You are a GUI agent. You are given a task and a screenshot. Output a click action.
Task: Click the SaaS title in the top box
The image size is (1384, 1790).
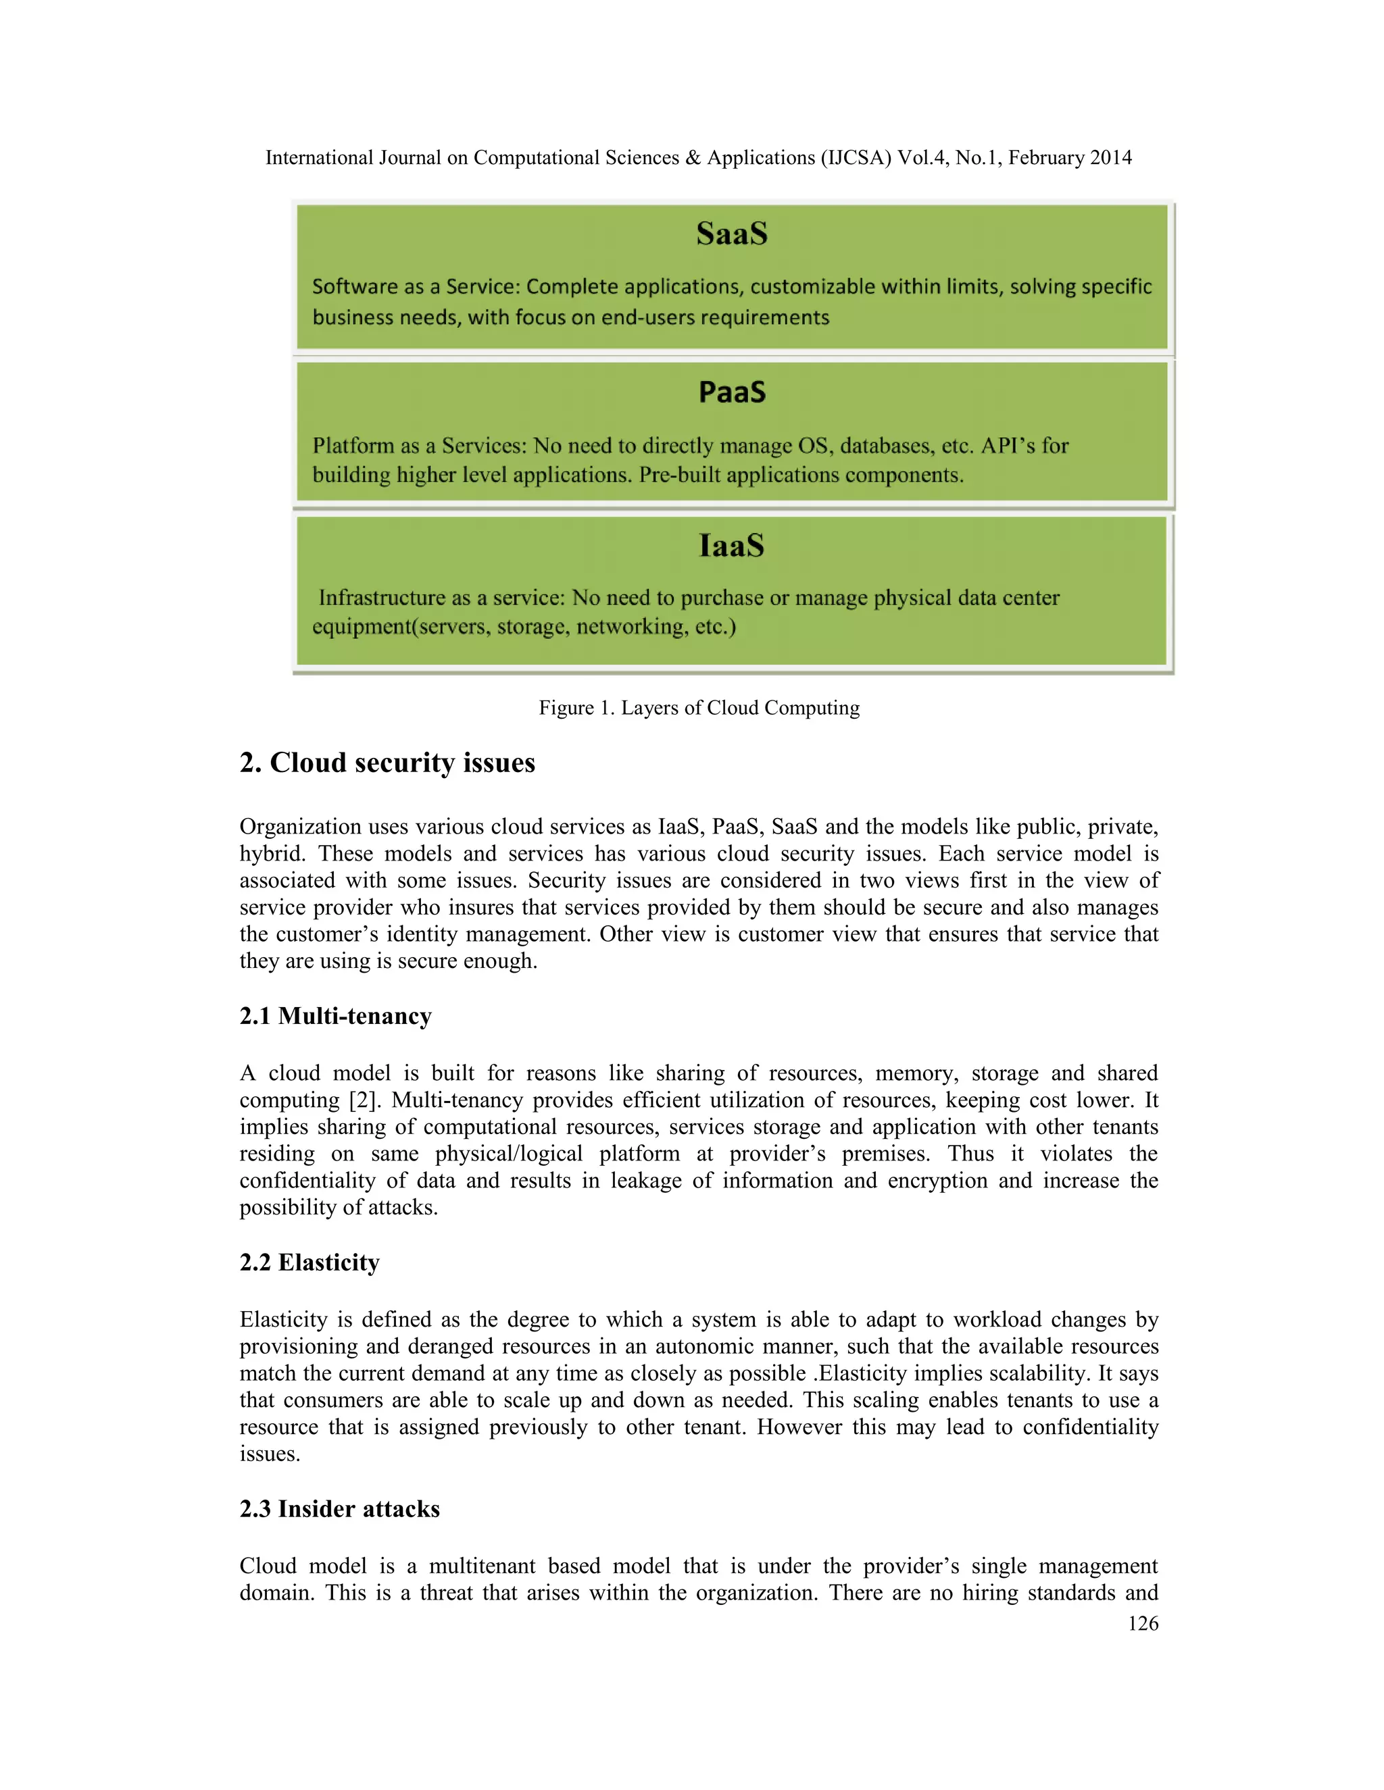pyautogui.click(x=731, y=234)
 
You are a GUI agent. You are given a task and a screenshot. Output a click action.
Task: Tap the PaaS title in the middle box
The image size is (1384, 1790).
pyautogui.click(x=731, y=392)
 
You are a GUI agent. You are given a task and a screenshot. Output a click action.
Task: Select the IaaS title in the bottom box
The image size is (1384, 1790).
pyautogui.click(x=731, y=546)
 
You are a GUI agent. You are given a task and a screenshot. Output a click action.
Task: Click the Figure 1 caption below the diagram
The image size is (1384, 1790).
pyautogui.click(x=699, y=707)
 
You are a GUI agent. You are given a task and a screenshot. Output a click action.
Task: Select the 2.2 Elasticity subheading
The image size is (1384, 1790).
pyautogui.click(x=309, y=1262)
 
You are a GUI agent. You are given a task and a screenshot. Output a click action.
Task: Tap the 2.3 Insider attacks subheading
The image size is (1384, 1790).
pyautogui.click(x=339, y=1509)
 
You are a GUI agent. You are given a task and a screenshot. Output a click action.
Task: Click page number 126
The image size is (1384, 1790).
pyautogui.click(x=1142, y=1624)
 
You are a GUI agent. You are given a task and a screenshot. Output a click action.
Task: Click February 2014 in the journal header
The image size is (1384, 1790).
pyautogui.click(x=1069, y=157)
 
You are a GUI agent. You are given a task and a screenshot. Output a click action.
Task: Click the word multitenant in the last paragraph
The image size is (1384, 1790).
pyautogui.click(x=482, y=1566)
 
